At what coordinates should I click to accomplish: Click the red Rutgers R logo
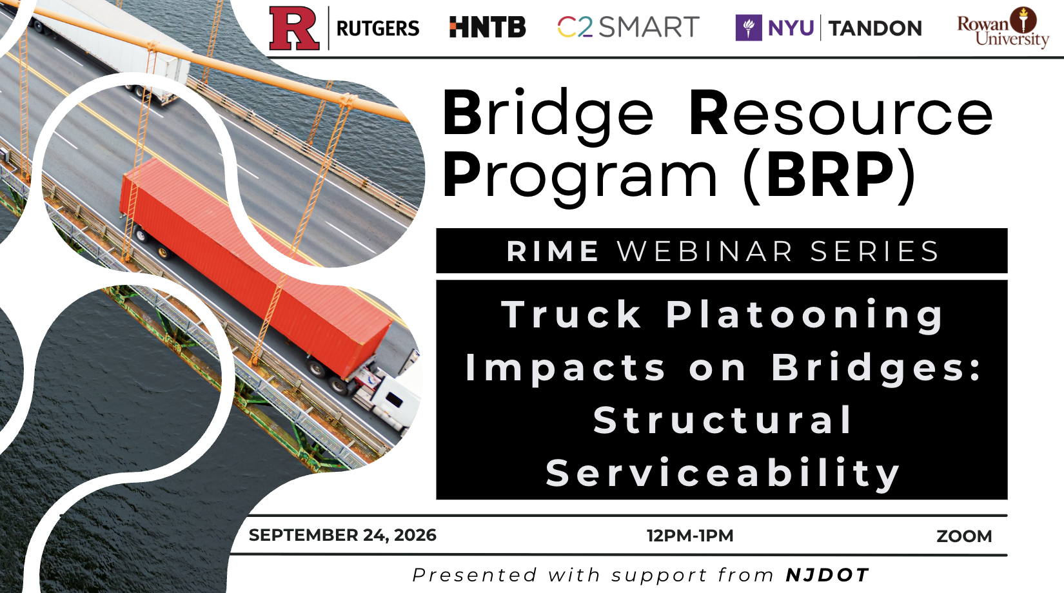tap(294, 28)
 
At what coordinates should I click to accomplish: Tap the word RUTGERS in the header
tap(378, 28)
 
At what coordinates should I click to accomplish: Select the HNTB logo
tap(488, 27)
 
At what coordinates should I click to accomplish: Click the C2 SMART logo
tap(629, 26)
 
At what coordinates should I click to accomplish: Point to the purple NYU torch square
tap(749, 28)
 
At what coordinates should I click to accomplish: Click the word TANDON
tap(876, 28)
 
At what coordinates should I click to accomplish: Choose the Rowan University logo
tap(1003, 28)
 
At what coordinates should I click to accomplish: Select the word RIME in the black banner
tap(553, 251)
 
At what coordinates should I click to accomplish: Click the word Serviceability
tap(722, 473)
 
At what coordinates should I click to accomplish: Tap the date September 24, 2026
tap(342, 535)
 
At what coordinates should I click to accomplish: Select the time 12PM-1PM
tap(690, 536)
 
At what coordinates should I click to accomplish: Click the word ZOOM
tap(964, 536)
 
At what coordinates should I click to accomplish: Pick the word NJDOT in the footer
tap(827, 575)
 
